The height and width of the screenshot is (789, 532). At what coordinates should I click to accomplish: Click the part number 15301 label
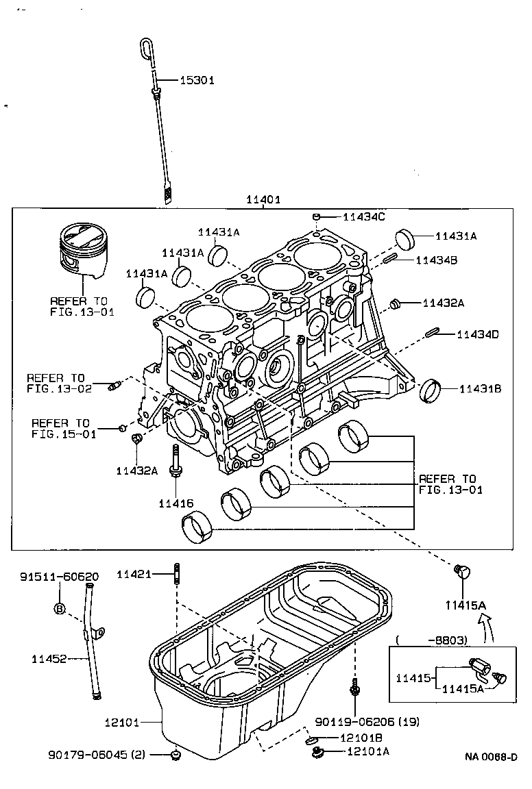[x=197, y=80]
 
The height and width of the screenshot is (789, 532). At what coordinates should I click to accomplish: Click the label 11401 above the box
[x=263, y=200]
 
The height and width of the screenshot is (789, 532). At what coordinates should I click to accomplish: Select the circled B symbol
[x=59, y=608]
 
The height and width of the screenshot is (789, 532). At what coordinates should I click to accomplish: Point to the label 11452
[x=49, y=659]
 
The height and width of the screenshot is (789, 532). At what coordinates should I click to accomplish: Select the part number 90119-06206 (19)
[x=367, y=721]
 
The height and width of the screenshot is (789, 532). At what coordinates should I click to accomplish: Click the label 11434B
[x=439, y=260]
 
